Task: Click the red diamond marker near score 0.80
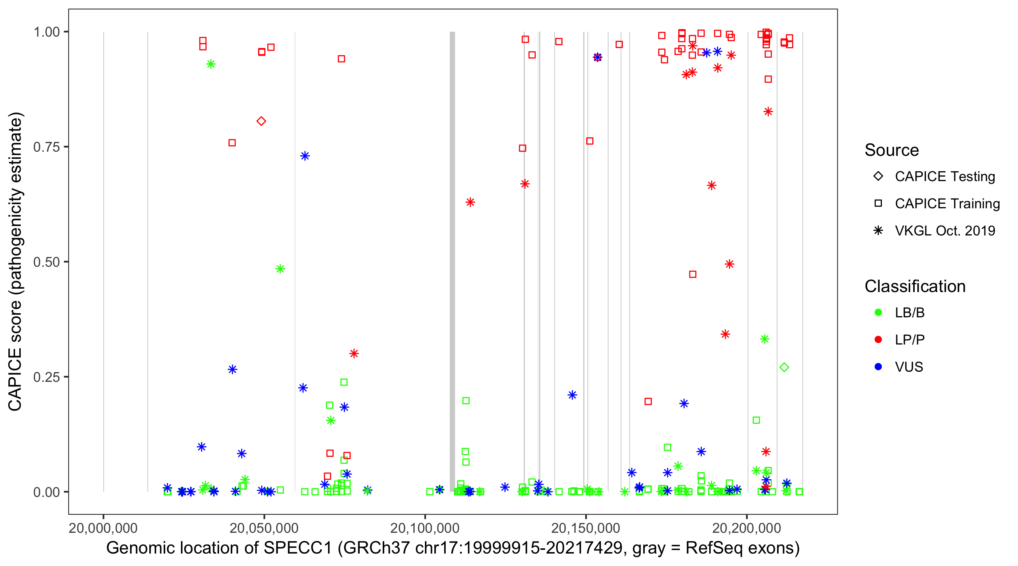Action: point(261,121)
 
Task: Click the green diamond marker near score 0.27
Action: point(784,368)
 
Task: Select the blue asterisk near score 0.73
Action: point(305,156)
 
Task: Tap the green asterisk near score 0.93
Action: point(211,64)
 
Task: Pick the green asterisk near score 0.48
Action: point(280,269)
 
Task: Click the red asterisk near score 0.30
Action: point(354,354)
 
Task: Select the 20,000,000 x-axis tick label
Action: point(103,528)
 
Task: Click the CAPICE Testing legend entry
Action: point(944,177)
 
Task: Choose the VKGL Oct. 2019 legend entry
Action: point(944,231)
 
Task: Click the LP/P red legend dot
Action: point(878,340)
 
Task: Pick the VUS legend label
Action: point(909,367)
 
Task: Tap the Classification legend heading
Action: point(914,286)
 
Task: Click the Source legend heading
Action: point(892,150)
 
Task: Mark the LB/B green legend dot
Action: point(878,312)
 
